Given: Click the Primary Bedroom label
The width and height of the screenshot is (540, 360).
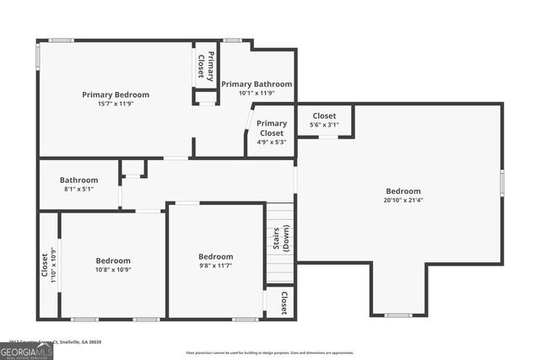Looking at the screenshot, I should pos(116,94).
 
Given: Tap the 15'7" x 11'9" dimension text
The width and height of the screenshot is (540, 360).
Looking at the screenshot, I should pos(116,104).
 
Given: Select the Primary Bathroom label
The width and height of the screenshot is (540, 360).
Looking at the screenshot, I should pos(256,84).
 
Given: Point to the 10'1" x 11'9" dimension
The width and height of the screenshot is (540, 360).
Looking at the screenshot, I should pos(256,93).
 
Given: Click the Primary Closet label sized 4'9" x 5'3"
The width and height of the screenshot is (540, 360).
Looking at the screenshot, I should pos(272,128).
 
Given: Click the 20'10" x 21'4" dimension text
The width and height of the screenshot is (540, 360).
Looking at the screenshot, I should pos(403,201).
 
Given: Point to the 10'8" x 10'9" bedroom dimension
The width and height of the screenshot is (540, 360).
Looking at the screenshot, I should pos(112,270).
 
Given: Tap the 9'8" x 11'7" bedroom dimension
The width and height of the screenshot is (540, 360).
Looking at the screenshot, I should pos(216,266).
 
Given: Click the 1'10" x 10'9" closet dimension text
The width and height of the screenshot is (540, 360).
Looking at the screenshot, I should pos(53,264).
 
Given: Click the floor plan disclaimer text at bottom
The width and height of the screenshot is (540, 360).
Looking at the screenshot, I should pos(270,352).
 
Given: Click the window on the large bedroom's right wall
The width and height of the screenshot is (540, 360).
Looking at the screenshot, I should pos(501,183).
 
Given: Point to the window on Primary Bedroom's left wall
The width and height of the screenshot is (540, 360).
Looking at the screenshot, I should pos(37,56).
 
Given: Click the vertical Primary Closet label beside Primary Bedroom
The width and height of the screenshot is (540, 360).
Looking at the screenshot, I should pos(205,65).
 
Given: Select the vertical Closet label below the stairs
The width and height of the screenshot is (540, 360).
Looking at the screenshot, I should pos(284,302).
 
